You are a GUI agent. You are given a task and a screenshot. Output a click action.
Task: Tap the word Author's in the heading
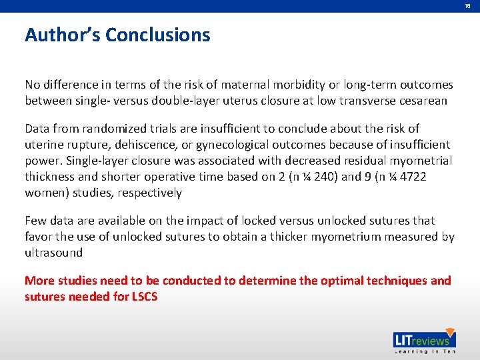(63, 35)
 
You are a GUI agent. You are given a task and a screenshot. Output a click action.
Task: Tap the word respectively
(149, 193)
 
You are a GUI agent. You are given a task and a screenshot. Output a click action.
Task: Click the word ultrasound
(53, 253)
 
